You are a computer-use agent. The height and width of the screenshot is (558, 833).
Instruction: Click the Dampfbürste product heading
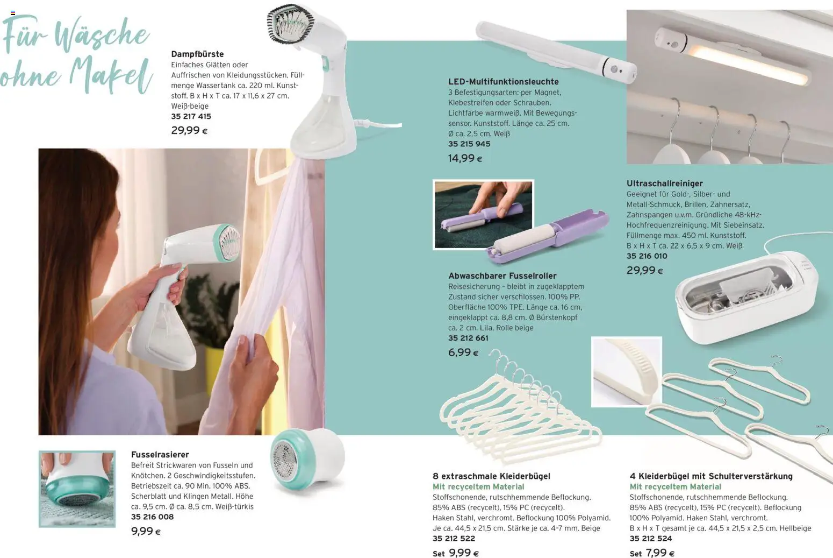[x=197, y=54]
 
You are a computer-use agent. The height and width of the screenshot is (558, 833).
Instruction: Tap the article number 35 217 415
[x=191, y=116]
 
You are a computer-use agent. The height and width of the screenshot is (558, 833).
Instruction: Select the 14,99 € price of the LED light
[x=465, y=158]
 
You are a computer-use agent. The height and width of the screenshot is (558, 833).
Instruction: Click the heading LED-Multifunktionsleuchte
[x=503, y=82]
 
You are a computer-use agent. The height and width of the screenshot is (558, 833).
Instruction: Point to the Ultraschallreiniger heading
[x=664, y=183]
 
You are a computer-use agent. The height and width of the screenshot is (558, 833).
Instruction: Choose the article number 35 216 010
[x=647, y=256]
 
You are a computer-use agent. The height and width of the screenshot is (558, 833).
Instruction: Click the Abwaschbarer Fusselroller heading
[x=502, y=276]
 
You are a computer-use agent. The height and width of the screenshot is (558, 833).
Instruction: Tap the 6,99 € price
[x=463, y=352]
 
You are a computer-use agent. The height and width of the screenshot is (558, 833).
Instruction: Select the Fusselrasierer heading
[x=160, y=455]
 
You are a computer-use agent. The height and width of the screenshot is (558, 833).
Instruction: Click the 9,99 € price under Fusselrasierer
[x=146, y=531]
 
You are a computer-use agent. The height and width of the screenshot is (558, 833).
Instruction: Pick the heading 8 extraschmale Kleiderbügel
[x=491, y=476]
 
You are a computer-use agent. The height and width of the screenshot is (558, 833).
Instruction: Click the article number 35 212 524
[x=650, y=538]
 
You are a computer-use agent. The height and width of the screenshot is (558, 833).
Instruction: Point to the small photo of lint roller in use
[x=483, y=214]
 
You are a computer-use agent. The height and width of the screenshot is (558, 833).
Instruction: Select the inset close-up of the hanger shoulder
[x=626, y=371]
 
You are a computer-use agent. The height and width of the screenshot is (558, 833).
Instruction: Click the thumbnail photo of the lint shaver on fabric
[x=77, y=489]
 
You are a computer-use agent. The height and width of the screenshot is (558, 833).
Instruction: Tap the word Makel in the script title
[x=111, y=76]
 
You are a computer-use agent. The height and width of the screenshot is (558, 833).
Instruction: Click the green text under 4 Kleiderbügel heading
[x=675, y=487]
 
